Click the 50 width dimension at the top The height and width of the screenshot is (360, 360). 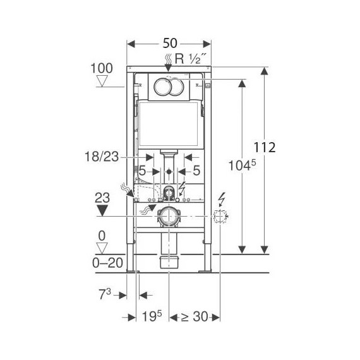170,43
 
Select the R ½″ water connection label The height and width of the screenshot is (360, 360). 188,59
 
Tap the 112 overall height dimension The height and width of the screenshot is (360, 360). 264,147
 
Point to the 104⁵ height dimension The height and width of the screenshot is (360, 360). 242,165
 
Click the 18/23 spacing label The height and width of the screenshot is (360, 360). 102,157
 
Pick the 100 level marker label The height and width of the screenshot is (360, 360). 102,68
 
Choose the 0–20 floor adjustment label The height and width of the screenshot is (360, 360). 107,263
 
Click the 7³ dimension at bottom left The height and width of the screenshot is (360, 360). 105,294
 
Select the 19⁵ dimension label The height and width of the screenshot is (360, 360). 152,316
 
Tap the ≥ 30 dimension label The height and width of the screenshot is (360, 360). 195,316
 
